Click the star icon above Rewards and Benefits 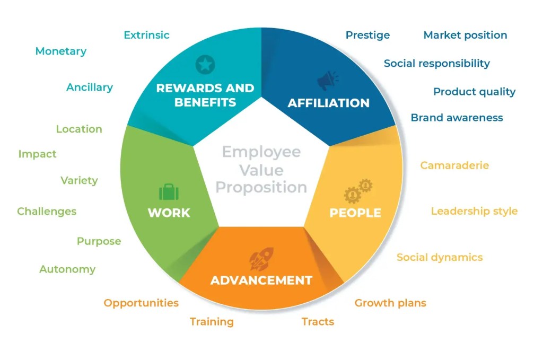(205, 64)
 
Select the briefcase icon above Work (169, 192)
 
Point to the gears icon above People (358, 191)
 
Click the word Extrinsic (146, 35)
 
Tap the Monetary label (61, 51)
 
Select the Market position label (465, 36)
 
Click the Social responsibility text (437, 63)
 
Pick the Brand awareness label (457, 118)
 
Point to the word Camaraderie (454, 165)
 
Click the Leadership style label (474, 211)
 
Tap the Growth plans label (390, 303)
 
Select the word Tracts (318, 322)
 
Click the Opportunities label (141, 303)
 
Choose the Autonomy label (67, 269)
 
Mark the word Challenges (47, 212)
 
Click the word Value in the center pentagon (261, 170)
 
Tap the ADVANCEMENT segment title (261, 280)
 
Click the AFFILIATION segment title (328, 103)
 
